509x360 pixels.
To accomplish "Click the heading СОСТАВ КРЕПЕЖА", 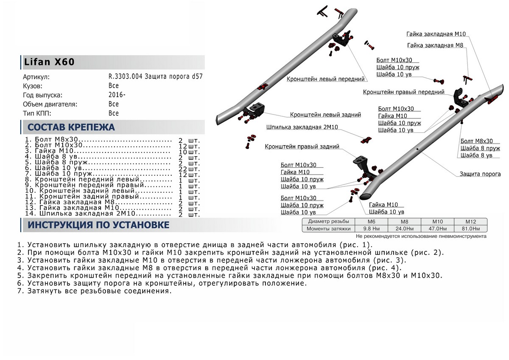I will (71, 127).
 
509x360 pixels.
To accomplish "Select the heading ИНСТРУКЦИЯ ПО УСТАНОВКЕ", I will (98, 225).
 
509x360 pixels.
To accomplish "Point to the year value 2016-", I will (117, 95).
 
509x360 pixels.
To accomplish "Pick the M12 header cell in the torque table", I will (470, 222).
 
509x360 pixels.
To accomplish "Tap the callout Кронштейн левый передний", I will (325, 79).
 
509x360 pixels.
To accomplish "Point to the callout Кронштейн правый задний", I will (302, 147).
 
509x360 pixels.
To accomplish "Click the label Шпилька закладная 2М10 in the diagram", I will (302, 127).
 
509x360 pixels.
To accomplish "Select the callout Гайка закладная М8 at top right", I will (434, 45).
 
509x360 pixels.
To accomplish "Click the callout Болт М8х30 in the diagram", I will (477, 141).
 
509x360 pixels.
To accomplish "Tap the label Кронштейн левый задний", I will (325, 115).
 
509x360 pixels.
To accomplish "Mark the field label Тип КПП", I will (37, 113).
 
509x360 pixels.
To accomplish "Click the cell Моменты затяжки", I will (329, 228).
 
